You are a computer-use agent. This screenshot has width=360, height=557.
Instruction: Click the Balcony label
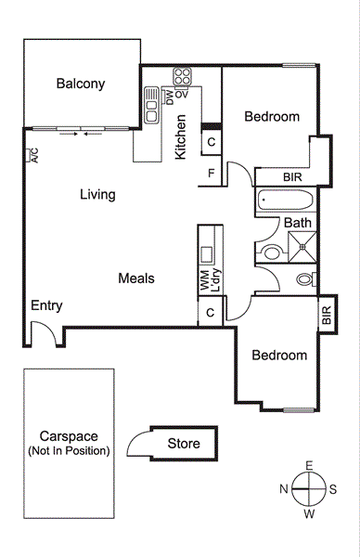(x=81, y=84)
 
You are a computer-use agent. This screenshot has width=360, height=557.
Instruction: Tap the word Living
(x=97, y=195)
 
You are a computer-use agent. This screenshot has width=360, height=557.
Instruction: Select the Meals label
(x=135, y=278)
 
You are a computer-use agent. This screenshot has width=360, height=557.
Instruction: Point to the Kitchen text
(x=182, y=136)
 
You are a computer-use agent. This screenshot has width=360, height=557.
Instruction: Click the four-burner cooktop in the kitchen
(x=182, y=76)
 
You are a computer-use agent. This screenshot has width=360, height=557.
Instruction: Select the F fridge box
(x=212, y=173)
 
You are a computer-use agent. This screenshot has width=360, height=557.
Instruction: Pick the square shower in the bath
(x=302, y=248)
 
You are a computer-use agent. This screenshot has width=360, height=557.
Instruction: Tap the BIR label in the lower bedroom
(x=327, y=315)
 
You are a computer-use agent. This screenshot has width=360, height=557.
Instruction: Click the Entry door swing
(x=41, y=330)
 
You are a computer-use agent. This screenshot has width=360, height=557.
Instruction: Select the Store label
(x=184, y=443)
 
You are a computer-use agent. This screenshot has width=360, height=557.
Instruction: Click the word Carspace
(x=69, y=436)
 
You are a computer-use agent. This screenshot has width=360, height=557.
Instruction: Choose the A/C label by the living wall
(x=32, y=157)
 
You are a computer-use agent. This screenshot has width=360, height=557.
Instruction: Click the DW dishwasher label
(x=170, y=95)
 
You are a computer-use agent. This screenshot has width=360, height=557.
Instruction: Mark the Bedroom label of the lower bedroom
(x=279, y=356)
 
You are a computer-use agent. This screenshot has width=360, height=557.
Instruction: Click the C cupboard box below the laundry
(x=211, y=313)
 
